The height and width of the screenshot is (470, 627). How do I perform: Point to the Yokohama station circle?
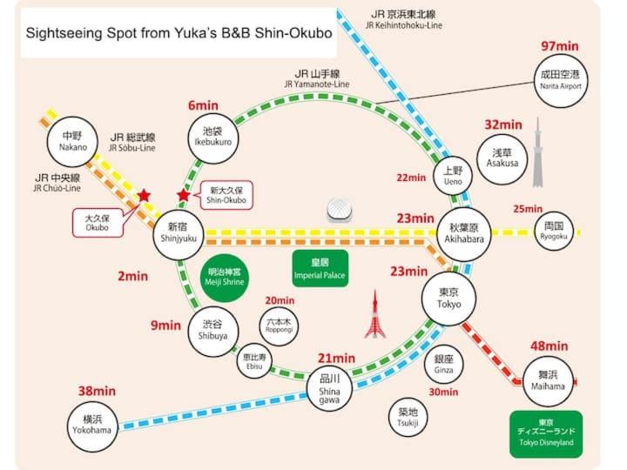[91, 425]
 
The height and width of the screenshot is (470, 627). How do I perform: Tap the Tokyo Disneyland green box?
[545, 433]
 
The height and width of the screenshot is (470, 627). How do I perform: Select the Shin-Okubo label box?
[225, 195]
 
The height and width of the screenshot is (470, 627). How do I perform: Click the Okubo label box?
[97, 222]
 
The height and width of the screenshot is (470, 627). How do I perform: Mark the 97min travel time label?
[559, 46]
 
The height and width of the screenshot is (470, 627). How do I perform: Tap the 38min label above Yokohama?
[96, 391]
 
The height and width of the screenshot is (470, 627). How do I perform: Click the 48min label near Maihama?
[549, 346]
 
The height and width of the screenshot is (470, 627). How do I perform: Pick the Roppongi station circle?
[280, 325]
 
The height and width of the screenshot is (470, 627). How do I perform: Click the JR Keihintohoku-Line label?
[406, 20]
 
